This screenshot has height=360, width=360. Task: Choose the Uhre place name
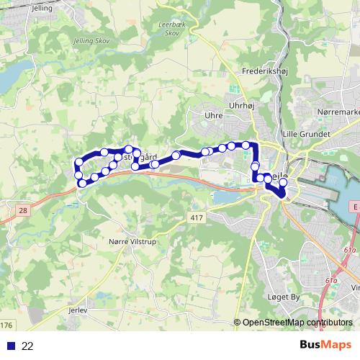tap(213, 115)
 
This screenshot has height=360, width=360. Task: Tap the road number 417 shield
tap(199, 217)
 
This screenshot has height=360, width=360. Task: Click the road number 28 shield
tap(23, 209)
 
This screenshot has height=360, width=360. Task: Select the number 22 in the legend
tap(27, 346)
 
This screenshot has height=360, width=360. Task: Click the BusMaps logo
tap(326, 345)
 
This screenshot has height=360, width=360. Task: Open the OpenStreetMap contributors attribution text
tap(297, 323)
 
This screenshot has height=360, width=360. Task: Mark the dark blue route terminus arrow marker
tap(280, 193)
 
